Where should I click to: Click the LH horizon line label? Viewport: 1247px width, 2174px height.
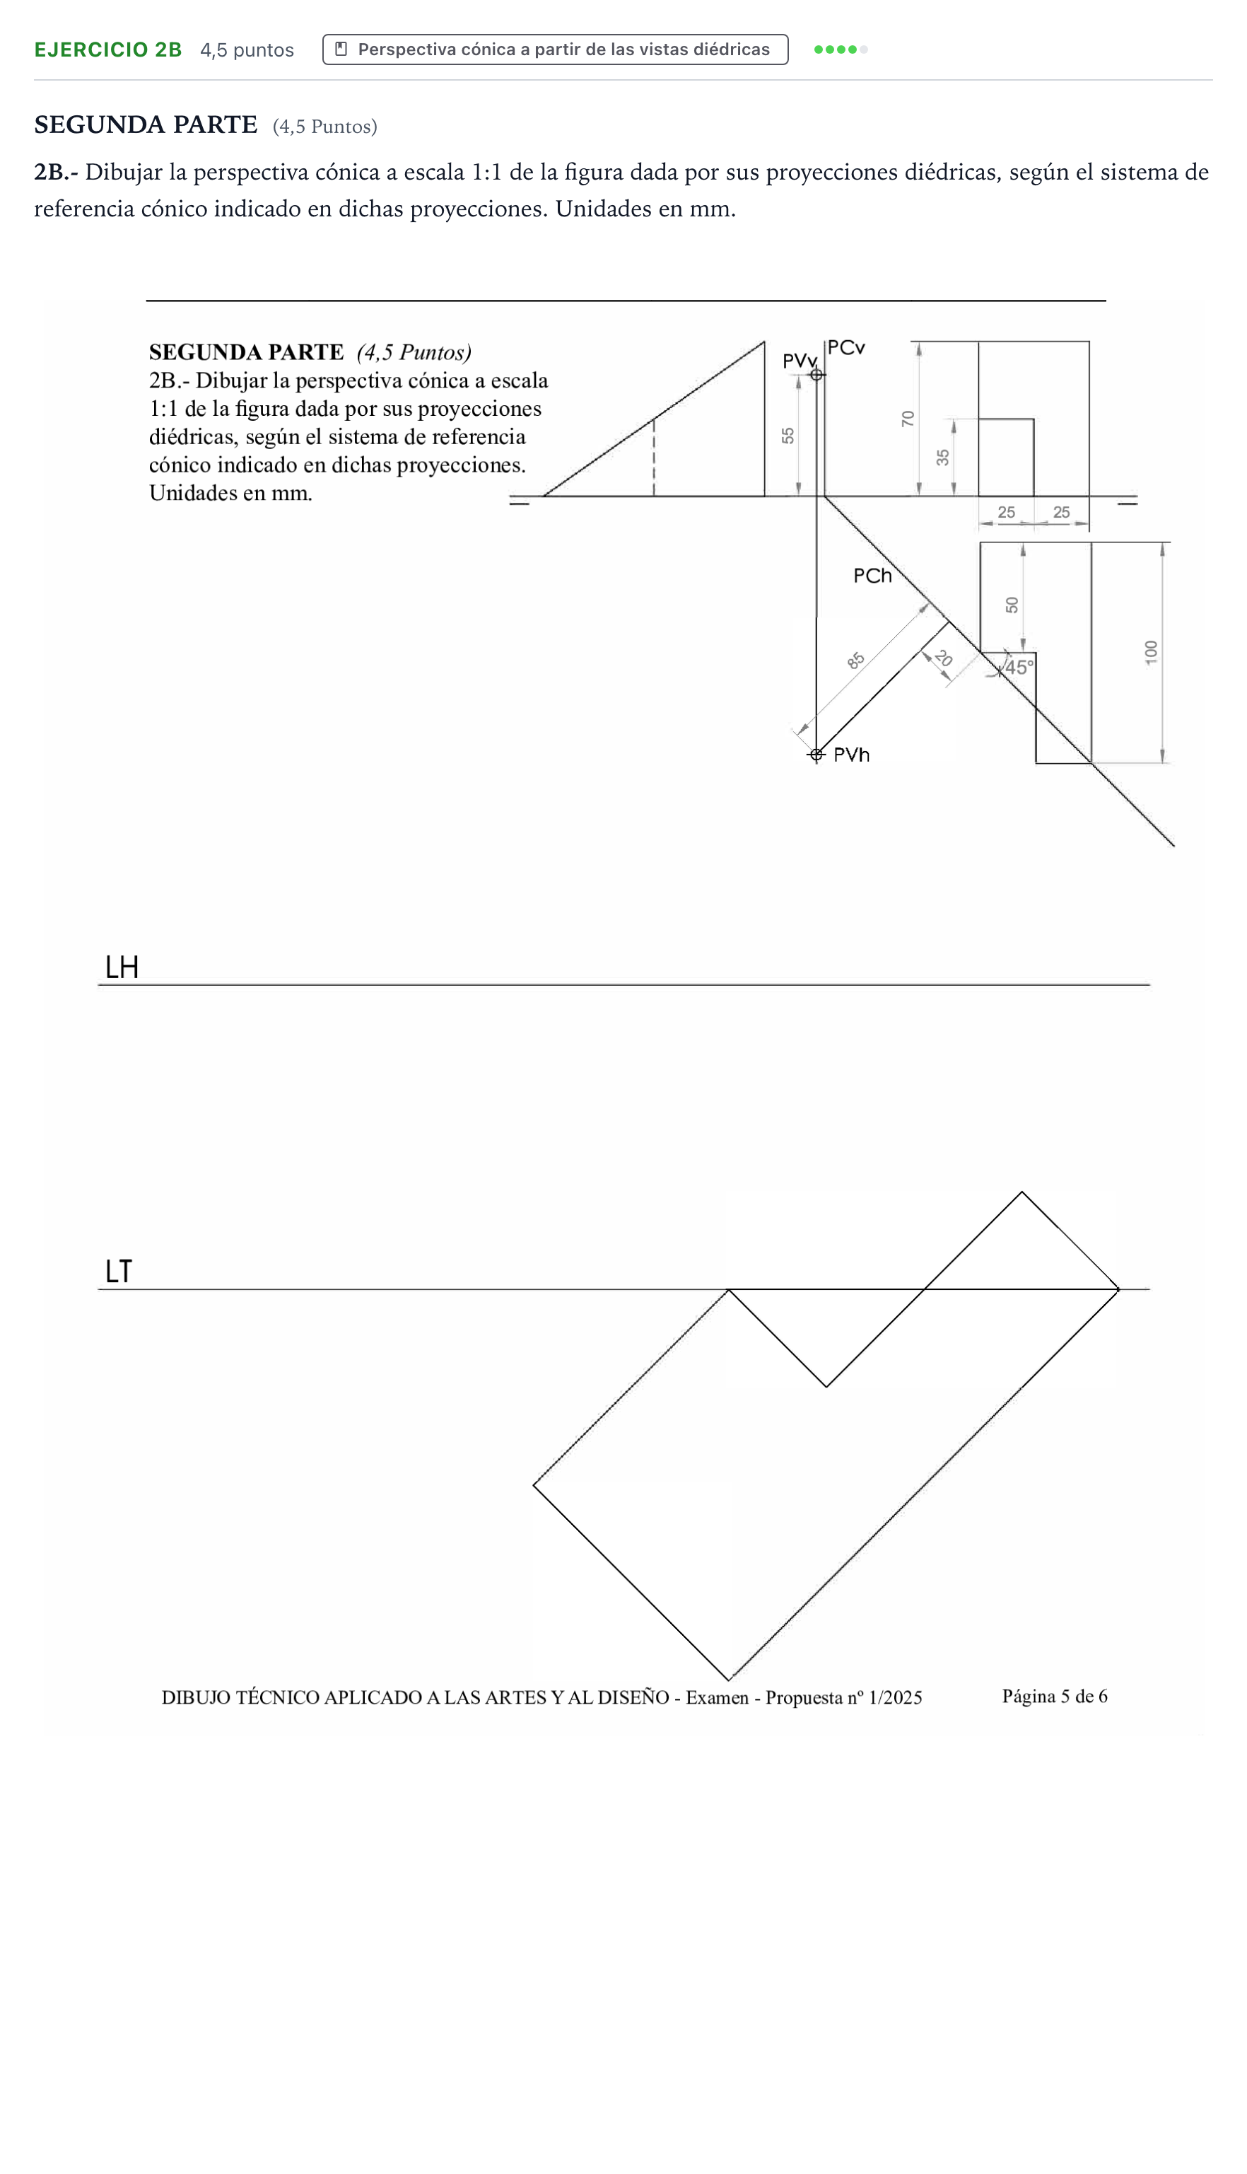tap(122, 967)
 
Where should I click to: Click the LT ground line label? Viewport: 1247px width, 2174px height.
tap(119, 1271)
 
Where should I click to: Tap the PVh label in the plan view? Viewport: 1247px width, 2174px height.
tap(851, 755)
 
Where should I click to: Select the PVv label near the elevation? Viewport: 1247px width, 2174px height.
tap(799, 361)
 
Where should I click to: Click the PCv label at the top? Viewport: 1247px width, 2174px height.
tap(846, 348)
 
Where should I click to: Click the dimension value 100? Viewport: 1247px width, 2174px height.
tap(1151, 652)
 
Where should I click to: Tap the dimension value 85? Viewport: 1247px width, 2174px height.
tap(855, 661)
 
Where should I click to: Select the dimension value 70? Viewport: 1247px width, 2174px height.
tap(908, 419)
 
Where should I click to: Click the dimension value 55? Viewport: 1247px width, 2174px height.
tap(788, 435)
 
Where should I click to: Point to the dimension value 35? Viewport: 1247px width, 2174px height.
tap(943, 458)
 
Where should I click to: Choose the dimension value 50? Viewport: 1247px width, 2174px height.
tap(1012, 605)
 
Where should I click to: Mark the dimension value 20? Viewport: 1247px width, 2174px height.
tap(943, 658)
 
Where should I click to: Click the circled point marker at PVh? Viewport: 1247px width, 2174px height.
tap(816, 755)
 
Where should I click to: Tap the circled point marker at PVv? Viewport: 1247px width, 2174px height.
tap(816, 374)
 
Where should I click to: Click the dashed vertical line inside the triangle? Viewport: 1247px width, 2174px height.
tap(655, 458)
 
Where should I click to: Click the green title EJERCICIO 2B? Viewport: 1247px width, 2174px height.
tap(108, 50)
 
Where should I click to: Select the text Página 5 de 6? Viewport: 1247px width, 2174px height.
tap(1054, 1696)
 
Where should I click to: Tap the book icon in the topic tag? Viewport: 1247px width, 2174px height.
tap(341, 49)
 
